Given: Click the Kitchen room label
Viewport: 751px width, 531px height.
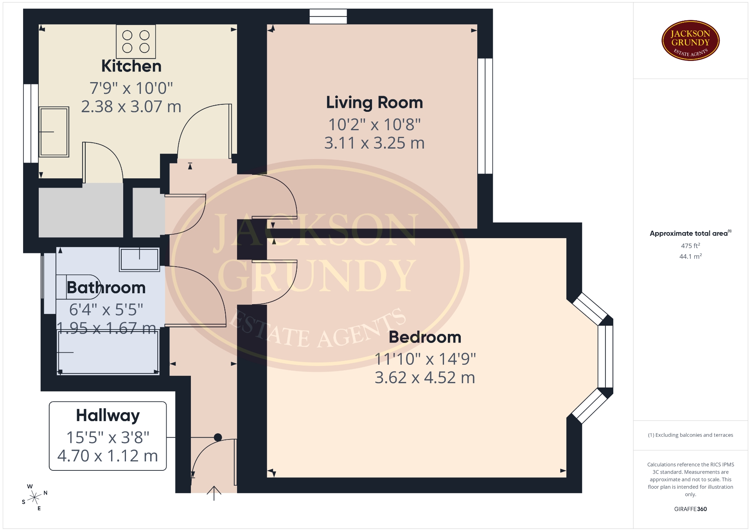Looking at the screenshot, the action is (x=131, y=66).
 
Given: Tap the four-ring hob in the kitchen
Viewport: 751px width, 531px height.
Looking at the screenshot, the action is (x=136, y=41).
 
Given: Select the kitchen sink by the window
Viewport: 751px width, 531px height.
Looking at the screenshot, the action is (x=54, y=132).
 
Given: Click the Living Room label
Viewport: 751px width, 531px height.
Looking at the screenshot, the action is (x=374, y=102).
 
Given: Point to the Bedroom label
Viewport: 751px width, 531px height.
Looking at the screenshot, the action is (x=425, y=337).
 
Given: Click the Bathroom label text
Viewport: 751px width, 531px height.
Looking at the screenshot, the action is (x=106, y=288).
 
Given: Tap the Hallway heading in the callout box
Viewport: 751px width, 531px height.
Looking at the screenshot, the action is (x=108, y=416).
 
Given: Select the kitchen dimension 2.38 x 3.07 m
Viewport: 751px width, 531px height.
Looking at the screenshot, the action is (x=131, y=106).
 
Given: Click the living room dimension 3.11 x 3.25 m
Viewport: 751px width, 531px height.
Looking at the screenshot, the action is (x=374, y=143).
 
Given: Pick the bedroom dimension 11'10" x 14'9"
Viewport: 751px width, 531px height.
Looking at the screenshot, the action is (x=425, y=359).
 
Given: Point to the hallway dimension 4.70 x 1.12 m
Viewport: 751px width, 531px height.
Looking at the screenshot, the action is (x=108, y=456).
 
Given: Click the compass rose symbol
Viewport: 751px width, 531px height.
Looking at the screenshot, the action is (x=35, y=497).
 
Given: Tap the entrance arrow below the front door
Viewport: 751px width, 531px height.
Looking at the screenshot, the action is (x=214, y=493).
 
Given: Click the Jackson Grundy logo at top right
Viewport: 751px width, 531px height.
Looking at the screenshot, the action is (x=690, y=41).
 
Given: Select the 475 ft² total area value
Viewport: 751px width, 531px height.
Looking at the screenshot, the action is (x=690, y=246).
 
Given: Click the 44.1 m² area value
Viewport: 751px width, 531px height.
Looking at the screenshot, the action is (x=690, y=257).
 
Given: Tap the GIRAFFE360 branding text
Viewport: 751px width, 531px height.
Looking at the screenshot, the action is (x=690, y=509).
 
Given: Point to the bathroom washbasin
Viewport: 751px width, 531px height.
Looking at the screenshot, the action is (x=140, y=259).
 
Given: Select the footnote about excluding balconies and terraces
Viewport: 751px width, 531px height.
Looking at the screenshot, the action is (x=690, y=435).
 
